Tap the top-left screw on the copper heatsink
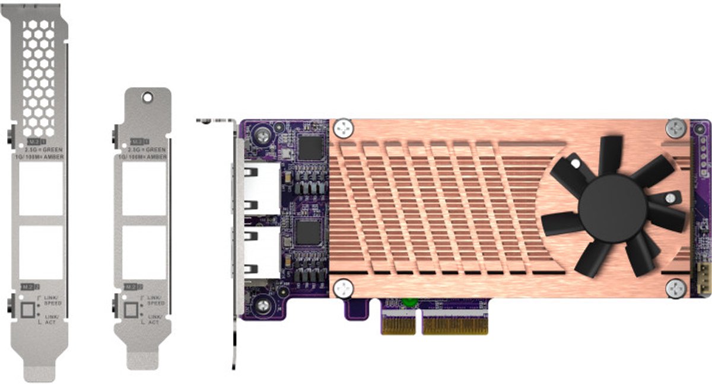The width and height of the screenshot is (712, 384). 343,127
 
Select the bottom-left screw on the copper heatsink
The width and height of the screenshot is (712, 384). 343,288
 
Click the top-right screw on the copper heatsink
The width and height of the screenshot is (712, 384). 675,127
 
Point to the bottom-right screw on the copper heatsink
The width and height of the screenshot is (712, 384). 675,288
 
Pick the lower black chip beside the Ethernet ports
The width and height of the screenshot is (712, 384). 309,233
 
